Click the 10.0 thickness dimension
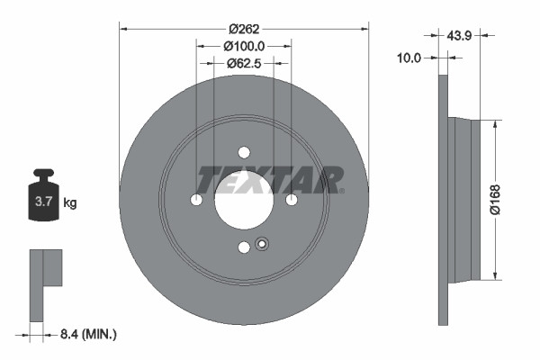[410, 57]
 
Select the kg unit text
[69, 202]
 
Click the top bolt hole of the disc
[244, 152]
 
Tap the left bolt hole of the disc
[197, 200]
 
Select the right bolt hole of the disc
[292, 200]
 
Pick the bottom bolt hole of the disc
[244, 247]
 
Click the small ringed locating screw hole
[263, 243]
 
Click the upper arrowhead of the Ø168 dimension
[494, 124]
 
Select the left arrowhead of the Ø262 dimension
[124, 29]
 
